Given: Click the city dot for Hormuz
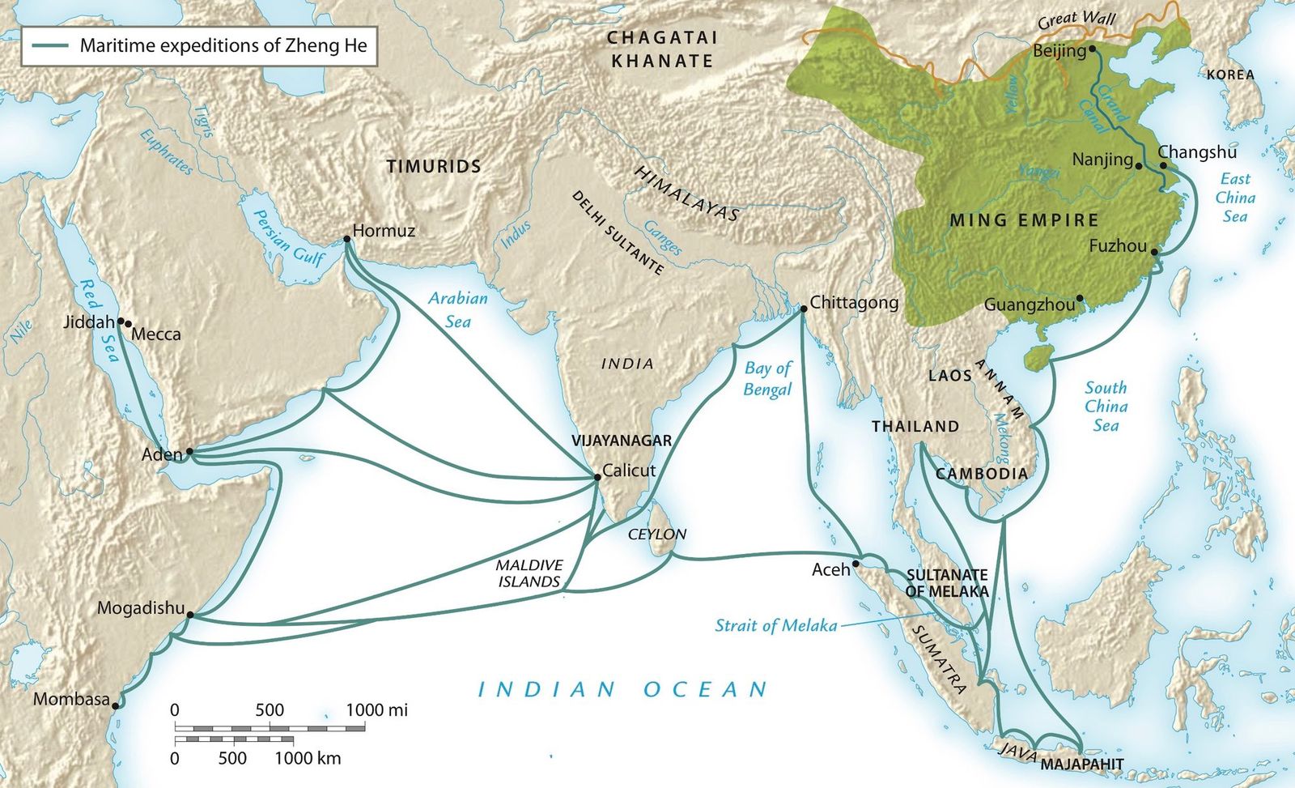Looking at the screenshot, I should pyautogui.click(x=346, y=239).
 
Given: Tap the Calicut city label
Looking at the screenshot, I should pyautogui.click(x=629, y=471).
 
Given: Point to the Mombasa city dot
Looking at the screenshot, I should pyautogui.click(x=116, y=705).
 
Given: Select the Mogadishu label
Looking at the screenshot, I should pyautogui.click(x=141, y=607).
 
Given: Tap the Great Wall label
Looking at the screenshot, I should pyautogui.click(x=1077, y=20).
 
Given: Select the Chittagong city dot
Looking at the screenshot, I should pyautogui.click(x=803, y=309).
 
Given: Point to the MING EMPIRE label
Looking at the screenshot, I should pyautogui.click(x=1024, y=220).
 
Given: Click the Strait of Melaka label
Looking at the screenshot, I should pyautogui.click(x=775, y=625).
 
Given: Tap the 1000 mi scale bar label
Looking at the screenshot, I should pyautogui.click(x=376, y=710).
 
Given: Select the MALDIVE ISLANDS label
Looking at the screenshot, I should pyautogui.click(x=529, y=573).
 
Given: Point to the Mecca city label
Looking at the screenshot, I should pyautogui.click(x=156, y=334).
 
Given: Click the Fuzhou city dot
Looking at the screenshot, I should pyautogui.click(x=1155, y=253).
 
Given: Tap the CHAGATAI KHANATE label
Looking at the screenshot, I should pyautogui.click(x=662, y=49).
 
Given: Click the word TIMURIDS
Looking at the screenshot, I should pyautogui.click(x=434, y=167).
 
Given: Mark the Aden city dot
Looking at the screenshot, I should pyautogui.click(x=189, y=451).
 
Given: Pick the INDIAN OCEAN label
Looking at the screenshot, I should pyautogui.click(x=622, y=690).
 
